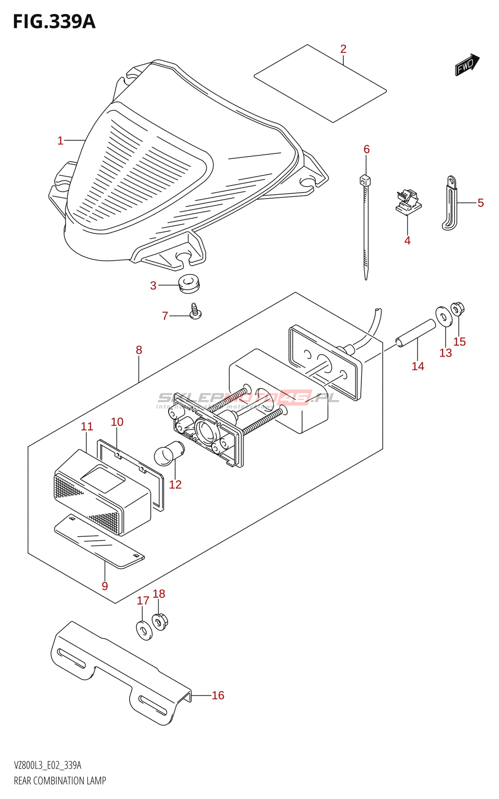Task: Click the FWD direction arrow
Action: (467, 64)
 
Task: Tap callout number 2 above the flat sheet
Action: (343, 49)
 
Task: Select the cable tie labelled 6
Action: (365, 225)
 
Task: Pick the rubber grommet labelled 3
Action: (189, 284)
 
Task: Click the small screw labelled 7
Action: (195, 312)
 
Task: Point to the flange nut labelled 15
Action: (457, 310)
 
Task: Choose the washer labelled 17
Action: (143, 630)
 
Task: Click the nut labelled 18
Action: (160, 622)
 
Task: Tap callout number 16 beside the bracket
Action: (218, 695)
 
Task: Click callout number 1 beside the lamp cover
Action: (60, 141)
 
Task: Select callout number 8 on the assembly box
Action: (139, 350)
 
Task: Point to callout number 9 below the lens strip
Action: (105, 586)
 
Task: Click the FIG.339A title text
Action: (54, 21)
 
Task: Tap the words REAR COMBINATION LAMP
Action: (60, 781)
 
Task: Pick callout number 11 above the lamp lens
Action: (87, 426)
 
